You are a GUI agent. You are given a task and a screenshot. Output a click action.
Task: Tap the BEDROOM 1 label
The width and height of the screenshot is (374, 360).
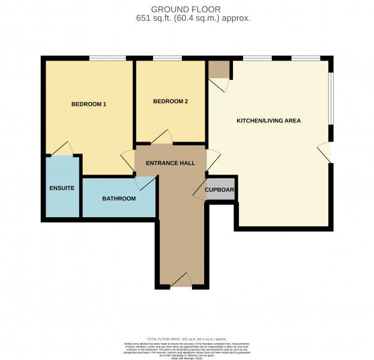88,104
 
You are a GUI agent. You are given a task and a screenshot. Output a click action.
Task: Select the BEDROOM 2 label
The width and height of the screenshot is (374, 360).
170,101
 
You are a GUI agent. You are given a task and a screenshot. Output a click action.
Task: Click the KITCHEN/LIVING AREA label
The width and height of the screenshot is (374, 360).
268,121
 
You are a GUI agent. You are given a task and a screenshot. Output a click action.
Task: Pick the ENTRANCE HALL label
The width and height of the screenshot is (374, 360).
170,163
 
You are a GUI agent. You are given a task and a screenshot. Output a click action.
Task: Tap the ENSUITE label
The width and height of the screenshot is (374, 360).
62,188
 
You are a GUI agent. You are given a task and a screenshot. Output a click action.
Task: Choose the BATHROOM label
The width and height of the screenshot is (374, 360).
118,199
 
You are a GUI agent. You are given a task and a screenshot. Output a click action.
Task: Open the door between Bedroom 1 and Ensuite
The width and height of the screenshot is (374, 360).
62,149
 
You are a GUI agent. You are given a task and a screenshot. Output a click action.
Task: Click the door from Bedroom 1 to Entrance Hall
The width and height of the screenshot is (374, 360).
127,160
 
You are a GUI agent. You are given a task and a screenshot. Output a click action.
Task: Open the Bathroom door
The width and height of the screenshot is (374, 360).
143,184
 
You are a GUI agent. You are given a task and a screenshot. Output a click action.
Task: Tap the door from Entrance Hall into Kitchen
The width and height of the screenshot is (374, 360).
214,159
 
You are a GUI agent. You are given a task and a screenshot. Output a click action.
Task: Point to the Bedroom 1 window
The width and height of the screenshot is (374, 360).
107,58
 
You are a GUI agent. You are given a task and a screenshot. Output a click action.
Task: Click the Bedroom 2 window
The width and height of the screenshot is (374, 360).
168,58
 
